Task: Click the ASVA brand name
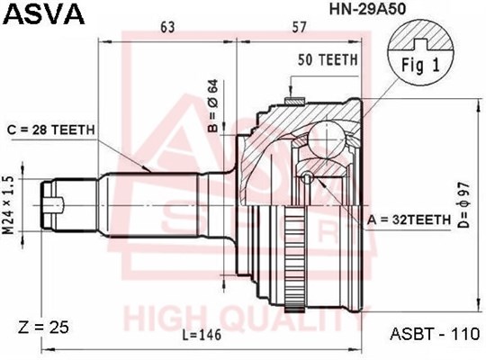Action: coord(45,14)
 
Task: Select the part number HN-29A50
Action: coord(367,10)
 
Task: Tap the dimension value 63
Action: coord(167,27)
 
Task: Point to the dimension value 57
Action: coord(299,27)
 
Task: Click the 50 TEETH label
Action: coord(328,59)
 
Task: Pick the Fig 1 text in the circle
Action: coord(420,66)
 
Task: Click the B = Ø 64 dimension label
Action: coord(213,105)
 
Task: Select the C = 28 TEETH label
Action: coord(51,130)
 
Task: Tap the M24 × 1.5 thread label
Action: coord(9,205)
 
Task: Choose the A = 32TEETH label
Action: coord(409,220)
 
